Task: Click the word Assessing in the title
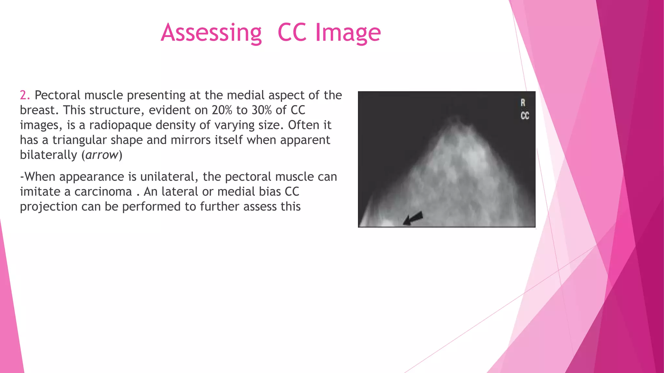(211, 33)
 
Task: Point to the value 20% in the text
(222, 110)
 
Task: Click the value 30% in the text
(262, 110)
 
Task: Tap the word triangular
(80, 140)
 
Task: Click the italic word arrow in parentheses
(101, 155)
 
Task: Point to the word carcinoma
(103, 192)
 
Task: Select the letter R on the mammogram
(523, 103)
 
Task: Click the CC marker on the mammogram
(525, 116)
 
